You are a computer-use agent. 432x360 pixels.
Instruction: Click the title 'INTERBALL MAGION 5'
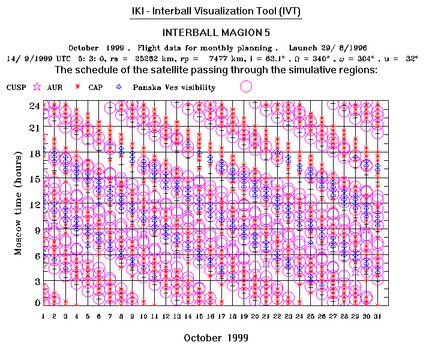coord(217,32)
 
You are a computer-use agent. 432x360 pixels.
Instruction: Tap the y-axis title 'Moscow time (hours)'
coord(19,203)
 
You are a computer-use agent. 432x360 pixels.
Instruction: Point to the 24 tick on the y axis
coord(35,106)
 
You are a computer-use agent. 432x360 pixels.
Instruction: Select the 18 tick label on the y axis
coord(35,153)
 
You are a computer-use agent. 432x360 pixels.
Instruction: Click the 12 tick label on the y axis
coord(35,204)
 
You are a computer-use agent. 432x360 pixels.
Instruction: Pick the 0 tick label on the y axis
coord(37,302)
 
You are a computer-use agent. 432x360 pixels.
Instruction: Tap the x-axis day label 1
coord(44,316)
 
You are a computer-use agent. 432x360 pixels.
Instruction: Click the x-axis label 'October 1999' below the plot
coord(212,338)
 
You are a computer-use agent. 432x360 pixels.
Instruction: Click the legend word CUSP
coord(16,88)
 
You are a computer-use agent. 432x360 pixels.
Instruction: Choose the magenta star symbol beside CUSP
coord(37,87)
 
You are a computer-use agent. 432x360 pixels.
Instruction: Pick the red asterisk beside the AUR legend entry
coord(77,87)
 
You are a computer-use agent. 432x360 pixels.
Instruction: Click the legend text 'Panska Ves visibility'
coord(174,88)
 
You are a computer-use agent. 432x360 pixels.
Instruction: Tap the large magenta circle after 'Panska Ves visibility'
coord(246,86)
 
